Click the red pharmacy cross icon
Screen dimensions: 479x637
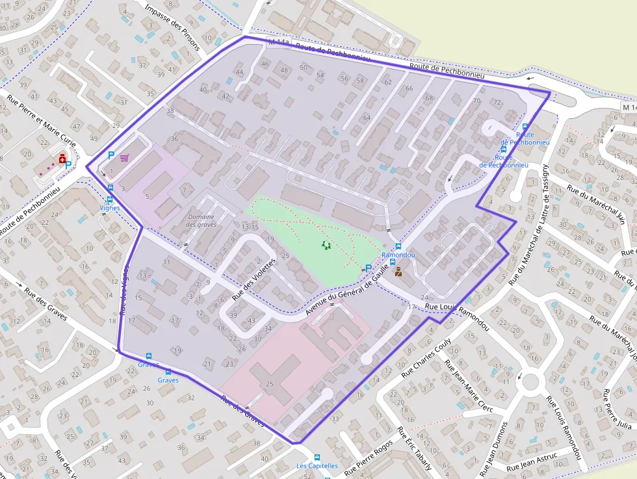(x=62, y=158)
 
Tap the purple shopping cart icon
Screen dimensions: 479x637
(x=123, y=157)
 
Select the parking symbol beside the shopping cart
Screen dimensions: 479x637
(x=111, y=156)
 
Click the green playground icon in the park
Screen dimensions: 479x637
(x=326, y=245)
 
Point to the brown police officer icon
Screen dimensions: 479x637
(x=398, y=272)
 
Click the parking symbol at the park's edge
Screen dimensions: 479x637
(x=369, y=268)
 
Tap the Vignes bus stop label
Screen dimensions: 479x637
(x=110, y=208)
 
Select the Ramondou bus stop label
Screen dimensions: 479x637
(x=398, y=255)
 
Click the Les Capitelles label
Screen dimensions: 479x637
(x=317, y=465)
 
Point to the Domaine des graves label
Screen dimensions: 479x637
(x=201, y=220)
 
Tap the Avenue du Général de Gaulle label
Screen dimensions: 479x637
(x=351, y=289)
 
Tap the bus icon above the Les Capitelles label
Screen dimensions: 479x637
(x=317, y=457)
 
